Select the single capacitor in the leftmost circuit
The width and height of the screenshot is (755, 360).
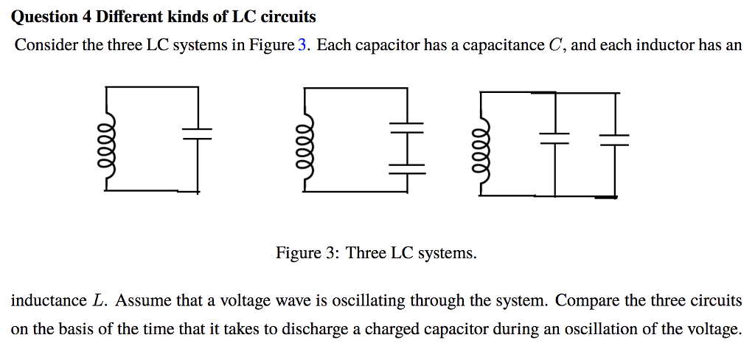tap(197, 133)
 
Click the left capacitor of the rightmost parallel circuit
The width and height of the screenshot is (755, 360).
tap(554, 138)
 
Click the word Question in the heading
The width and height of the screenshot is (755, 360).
tap(43, 16)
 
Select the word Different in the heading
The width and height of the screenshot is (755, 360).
tap(128, 16)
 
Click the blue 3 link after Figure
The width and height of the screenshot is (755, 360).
tap(302, 45)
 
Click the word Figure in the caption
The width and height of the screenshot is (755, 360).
tap(297, 254)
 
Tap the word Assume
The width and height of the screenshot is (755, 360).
tap(142, 301)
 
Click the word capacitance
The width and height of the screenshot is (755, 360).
tap(503, 45)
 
